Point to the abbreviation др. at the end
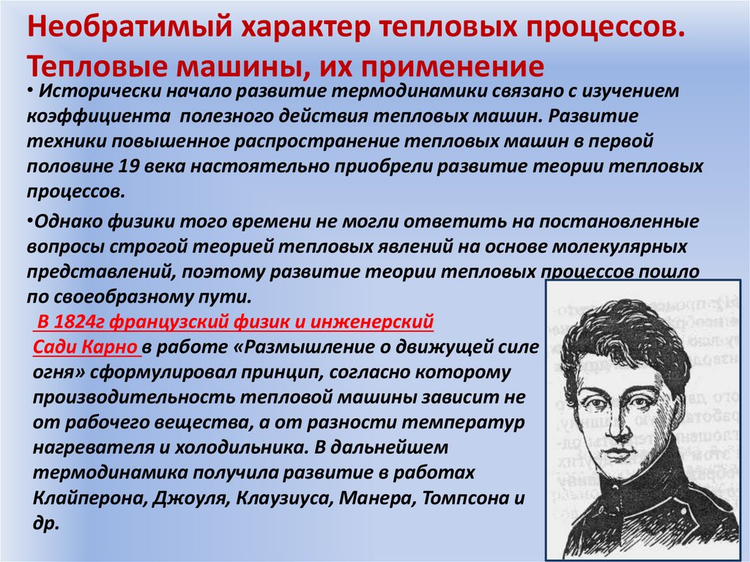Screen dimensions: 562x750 (x=45, y=524)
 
